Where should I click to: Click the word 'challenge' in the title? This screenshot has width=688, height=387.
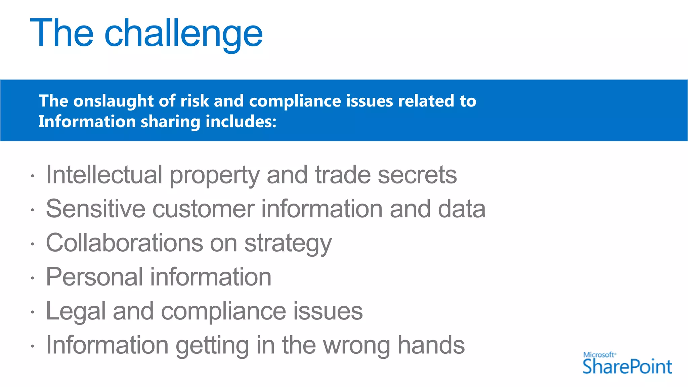click(183, 34)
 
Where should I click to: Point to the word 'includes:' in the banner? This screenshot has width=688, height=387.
click(241, 122)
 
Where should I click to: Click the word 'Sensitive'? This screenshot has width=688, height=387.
click(96, 209)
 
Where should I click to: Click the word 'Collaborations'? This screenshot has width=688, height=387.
click(124, 243)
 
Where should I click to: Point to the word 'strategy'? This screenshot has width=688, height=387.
click(288, 243)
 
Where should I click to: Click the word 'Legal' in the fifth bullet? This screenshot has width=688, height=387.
click(76, 311)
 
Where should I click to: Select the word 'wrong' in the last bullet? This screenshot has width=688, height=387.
click(356, 345)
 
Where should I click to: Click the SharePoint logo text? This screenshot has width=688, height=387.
click(627, 367)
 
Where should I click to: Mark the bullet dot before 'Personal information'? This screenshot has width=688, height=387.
click(32, 278)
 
